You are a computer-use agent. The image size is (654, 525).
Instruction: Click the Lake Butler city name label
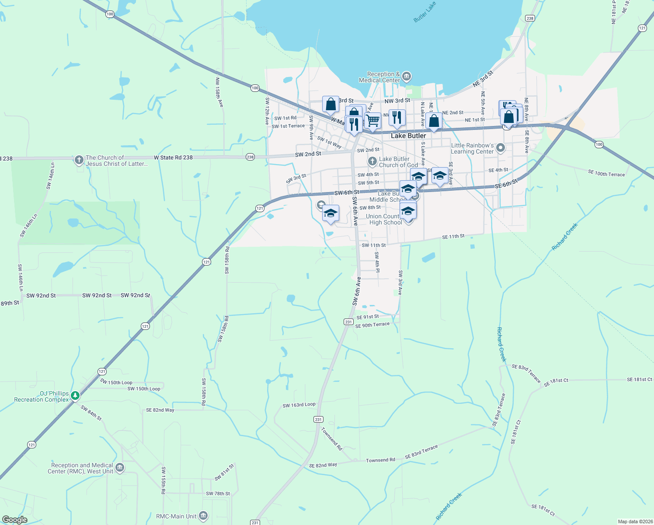pos(408,136)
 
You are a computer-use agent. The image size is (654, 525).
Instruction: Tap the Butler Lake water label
pos(424,12)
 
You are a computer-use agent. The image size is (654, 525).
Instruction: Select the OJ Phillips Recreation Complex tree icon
pos(76,396)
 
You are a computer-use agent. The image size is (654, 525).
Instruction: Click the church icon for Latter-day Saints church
pos(79,160)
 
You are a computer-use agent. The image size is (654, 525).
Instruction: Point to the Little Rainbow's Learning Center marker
pos(501,148)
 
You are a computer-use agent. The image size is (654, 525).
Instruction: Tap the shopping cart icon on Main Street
pos(373,120)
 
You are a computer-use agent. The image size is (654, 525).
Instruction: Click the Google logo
pos(14,520)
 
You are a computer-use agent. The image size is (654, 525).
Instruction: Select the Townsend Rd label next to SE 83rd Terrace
pos(380,460)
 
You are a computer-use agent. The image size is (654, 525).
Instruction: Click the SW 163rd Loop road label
pos(299,405)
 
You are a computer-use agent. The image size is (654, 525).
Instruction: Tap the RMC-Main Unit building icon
pos(203,516)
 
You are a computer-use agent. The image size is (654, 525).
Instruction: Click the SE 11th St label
pos(453,237)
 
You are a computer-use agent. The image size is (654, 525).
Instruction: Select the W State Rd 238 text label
pos(173,157)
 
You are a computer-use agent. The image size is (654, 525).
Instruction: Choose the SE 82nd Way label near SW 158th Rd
pos(160,410)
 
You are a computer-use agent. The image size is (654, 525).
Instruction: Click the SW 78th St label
pos(218,493)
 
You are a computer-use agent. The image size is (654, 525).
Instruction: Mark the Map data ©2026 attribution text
pos(634,521)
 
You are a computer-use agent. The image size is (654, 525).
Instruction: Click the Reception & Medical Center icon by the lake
pos(407,77)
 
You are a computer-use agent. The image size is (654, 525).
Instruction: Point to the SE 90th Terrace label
pos(372,325)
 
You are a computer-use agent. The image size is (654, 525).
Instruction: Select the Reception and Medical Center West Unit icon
pos(120,468)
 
